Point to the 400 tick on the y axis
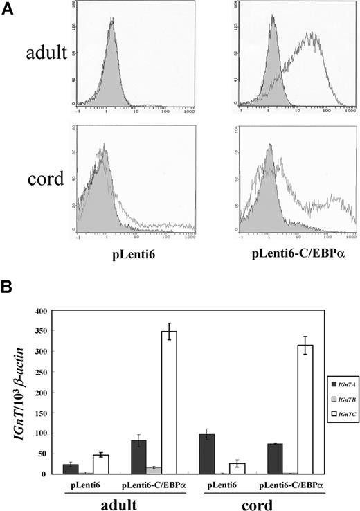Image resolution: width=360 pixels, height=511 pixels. (x=54, y=311)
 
